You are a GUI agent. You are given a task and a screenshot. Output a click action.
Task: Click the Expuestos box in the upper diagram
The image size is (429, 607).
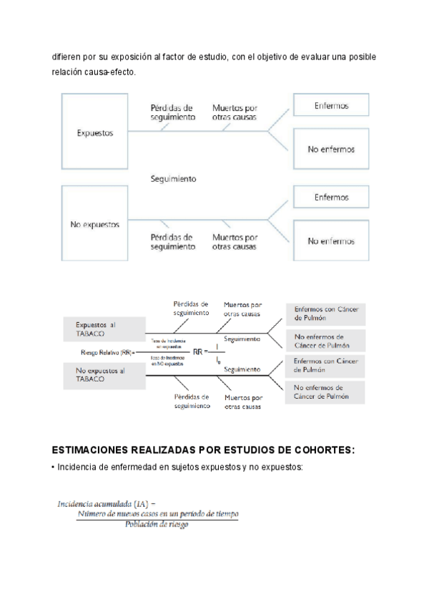pyautogui.click(x=94, y=133)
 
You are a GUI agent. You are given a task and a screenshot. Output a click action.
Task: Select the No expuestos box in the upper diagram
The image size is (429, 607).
pyautogui.click(x=94, y=224)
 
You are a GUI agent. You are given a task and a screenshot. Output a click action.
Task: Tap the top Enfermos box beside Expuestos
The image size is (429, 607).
pyautogui.click(x=331, y=106)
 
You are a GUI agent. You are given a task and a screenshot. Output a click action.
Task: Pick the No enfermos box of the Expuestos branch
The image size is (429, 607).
pyautogui.click(x=331, y=150)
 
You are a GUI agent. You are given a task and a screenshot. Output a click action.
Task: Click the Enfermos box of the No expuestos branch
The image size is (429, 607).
pyautogui.click(x=331, y=197)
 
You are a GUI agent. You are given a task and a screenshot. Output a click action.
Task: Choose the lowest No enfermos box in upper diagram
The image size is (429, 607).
pyautogui.click(x=331, y=241)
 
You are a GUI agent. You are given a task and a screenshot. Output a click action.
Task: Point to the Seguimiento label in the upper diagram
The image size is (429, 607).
pyautogui.click(x=174, y=179)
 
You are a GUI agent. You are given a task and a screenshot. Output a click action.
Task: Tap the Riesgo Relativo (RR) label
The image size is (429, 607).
pyautogui.click(x=107, y=352)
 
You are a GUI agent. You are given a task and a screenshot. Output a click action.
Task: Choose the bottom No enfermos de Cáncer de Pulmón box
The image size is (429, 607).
pyautogui.click(x=325, y=391)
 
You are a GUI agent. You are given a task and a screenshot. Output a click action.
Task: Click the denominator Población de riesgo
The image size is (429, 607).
pyautogui.click(x=157, y=525)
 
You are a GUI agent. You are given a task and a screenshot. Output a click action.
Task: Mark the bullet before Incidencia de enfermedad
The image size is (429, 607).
pyautogui.click(x=54, y=467)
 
